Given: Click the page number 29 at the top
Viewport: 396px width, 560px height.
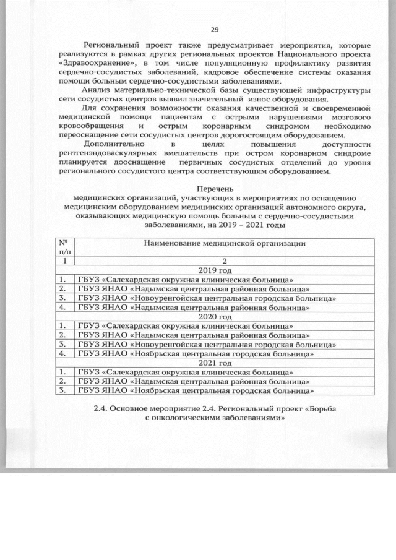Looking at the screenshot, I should [x=215, y=30].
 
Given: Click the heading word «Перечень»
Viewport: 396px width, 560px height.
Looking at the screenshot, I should [x=215, y=187].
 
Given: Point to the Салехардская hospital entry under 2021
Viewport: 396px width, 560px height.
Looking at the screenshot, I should [x=185, y=373].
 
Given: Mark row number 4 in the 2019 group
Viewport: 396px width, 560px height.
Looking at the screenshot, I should [x=62, y=307].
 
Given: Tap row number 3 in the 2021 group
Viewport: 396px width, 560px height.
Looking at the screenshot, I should [x=62, y=390].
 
